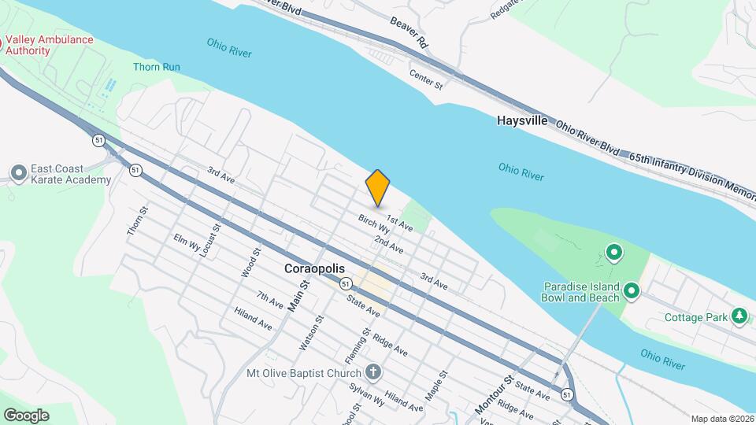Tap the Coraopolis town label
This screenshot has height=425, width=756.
[314, 268]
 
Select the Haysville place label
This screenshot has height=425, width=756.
[522, 120]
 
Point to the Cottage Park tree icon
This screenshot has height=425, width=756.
[739, 316]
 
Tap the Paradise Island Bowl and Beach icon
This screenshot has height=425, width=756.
[631, 293]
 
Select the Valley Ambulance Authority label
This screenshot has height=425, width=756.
[50, 45]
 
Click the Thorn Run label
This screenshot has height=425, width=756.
[156, 67]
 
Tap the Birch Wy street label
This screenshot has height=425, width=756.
[374, 224]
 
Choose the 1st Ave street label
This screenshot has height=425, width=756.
[400, 224]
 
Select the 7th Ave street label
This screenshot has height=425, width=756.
[270, 299]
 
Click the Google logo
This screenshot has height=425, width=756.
[26, 415]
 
